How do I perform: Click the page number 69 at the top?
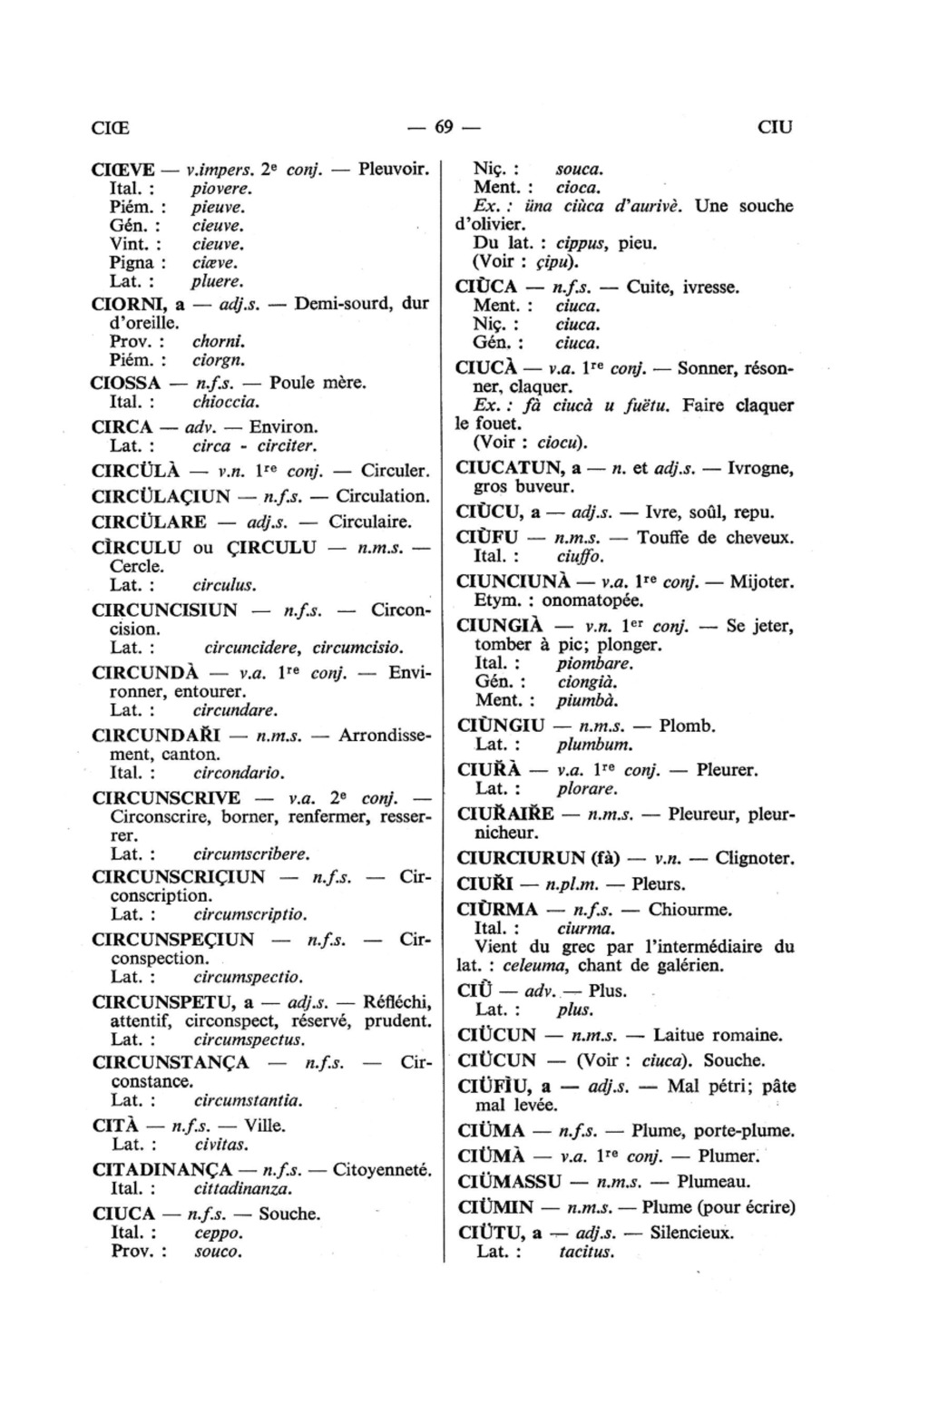tap(444, 127)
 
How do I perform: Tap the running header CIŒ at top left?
tap(111, 127)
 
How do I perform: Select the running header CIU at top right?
tap(774, 127)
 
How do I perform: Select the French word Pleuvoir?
tap(394, 170)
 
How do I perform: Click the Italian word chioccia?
tap(226, 400)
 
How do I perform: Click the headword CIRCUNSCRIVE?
tap(167, 798)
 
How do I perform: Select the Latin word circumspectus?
tap(249, 1039)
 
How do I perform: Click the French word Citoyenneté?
tap(381, 1170)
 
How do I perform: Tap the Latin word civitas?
tap(221, 1145)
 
